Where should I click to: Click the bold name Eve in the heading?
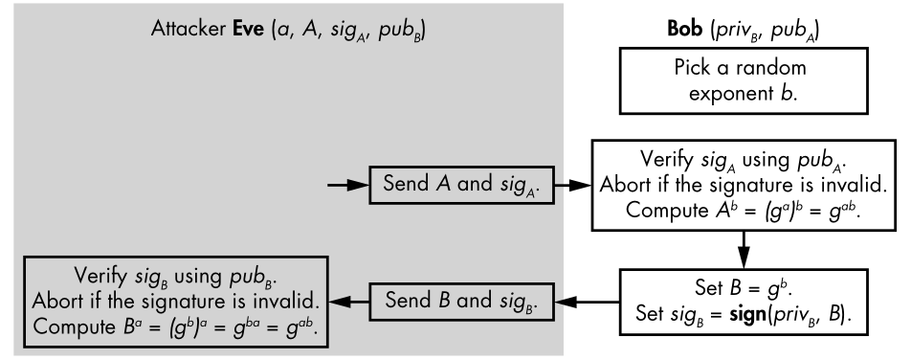click(249, 29)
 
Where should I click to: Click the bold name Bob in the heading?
click(684, 29)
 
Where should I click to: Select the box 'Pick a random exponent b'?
click(744, 80)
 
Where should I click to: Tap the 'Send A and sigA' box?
click(462, 185)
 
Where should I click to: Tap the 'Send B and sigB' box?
click(462, 302)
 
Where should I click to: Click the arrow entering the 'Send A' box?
click(348, 185)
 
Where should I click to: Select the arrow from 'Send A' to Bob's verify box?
click(573, 185)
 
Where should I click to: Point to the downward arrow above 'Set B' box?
click(744, 250)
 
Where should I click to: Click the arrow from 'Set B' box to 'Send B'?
click(588, 302)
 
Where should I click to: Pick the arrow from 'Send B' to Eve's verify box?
click(348, 302)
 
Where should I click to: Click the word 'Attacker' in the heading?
click(189, 29)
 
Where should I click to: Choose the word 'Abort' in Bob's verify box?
click(623, 185)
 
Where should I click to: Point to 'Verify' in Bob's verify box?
click(666, 159)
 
